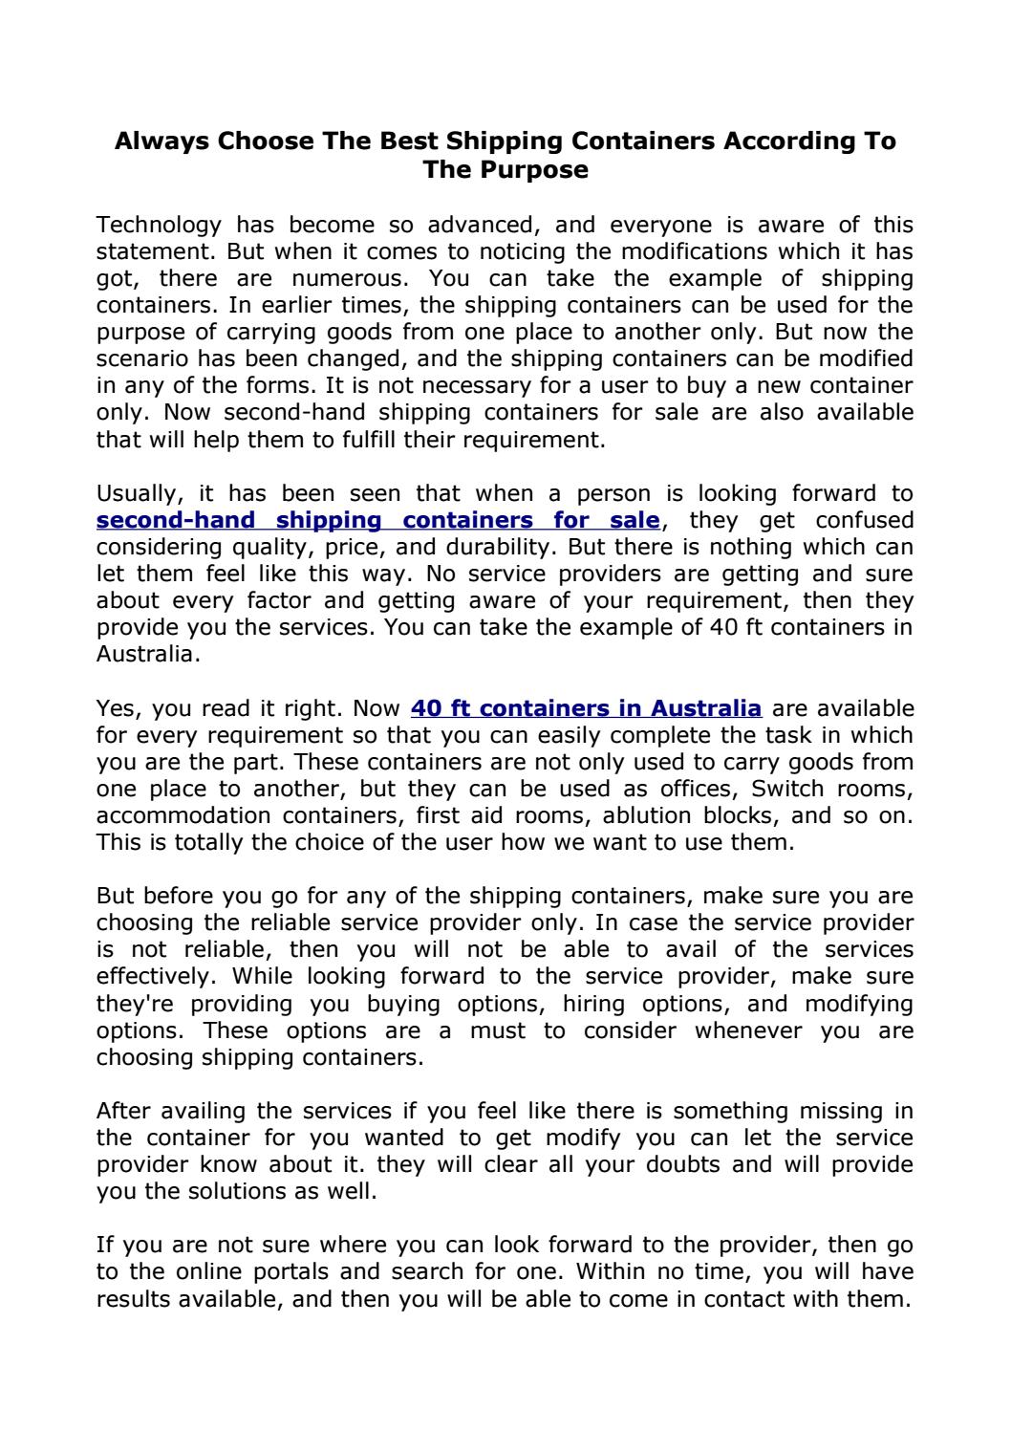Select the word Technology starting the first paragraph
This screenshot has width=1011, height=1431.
159,226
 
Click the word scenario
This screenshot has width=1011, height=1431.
141,359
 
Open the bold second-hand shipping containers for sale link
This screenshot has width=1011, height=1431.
378,521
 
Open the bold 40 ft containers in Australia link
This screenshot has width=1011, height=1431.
586,709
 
